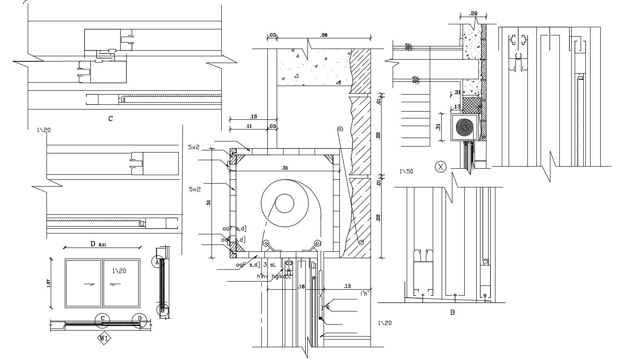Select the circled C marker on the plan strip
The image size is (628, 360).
102,318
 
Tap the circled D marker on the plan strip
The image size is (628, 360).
139,319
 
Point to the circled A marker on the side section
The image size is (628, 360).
157,262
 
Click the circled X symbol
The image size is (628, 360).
440,167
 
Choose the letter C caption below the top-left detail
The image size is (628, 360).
110,118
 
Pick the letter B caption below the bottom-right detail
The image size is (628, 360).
452,312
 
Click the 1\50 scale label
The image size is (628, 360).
406,172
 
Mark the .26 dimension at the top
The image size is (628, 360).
324,35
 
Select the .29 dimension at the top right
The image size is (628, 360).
473,14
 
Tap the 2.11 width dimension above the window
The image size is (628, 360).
103,245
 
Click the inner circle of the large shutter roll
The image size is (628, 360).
284,203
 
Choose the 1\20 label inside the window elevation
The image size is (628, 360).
119,271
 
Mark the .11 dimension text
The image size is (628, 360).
249,126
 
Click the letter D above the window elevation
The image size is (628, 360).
93,244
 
